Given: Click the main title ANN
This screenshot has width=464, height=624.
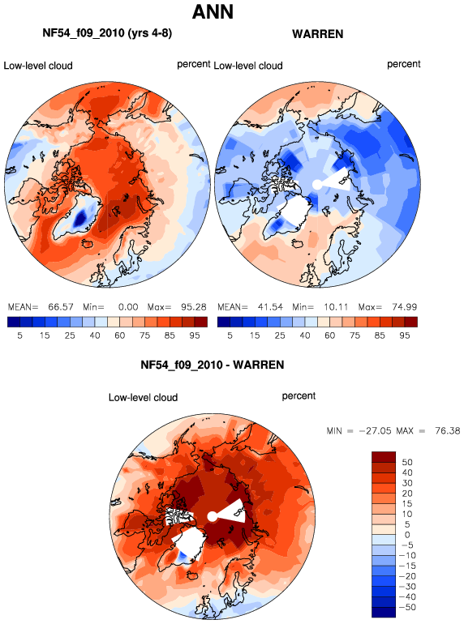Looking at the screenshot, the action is point(213,12).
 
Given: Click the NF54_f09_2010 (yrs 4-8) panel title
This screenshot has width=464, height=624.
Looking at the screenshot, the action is point(107,33).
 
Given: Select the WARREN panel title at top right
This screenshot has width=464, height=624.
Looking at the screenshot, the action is point(317,34).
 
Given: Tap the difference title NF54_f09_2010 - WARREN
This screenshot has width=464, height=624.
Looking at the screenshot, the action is point(213,365).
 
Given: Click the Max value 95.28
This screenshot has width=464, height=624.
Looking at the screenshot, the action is point(194,307).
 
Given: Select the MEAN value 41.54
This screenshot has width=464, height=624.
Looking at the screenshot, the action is point(270,307).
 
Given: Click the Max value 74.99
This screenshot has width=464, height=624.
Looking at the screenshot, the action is point(404,307).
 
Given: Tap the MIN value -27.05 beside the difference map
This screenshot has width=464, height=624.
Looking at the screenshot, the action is point(376,431).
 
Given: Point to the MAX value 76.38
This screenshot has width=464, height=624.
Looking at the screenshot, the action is point(448,431).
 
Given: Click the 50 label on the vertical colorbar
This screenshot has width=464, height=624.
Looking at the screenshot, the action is point(407,462).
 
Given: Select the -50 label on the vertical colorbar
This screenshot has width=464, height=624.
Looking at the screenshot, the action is point(407,607).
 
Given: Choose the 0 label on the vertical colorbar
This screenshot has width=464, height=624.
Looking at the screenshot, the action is point(407,535).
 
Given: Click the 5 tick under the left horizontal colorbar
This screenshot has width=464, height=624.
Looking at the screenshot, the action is point(19,336).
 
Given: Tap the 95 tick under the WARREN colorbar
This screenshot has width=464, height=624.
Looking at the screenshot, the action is point(404,336).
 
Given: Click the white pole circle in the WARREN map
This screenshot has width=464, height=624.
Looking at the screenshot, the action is point(317,184).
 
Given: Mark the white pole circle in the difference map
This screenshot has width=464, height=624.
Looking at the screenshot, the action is point(213,516).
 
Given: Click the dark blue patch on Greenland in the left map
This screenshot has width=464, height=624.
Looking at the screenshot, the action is point(81,218).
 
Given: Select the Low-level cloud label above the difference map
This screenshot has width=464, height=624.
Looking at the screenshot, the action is point(143,398).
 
